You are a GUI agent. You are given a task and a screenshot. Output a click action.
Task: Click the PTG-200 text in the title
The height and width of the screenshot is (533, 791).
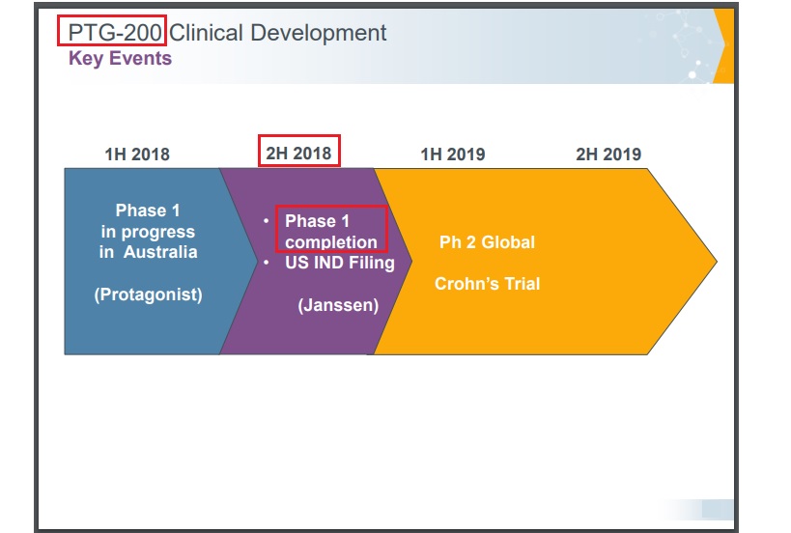115,33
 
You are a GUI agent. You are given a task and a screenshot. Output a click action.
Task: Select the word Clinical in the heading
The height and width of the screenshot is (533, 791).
207,33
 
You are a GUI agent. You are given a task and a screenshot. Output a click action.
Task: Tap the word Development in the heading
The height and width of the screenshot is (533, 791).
319,33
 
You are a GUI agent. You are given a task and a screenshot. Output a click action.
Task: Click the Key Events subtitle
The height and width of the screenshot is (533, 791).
120,59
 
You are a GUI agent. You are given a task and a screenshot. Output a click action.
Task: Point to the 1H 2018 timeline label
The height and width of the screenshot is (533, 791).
137,154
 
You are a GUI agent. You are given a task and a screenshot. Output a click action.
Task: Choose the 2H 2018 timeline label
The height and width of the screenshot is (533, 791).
298,154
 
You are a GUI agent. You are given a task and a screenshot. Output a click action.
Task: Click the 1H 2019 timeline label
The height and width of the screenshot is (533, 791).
453,154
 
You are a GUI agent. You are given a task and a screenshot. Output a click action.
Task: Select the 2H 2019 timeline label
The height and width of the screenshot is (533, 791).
608,154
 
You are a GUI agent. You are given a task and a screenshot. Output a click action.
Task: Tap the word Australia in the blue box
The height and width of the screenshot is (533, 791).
160,252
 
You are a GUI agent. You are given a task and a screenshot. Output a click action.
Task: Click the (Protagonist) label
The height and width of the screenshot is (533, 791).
149,295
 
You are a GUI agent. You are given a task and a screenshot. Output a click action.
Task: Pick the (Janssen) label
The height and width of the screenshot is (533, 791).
338,305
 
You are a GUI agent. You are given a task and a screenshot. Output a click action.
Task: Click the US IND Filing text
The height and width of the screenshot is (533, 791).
340,263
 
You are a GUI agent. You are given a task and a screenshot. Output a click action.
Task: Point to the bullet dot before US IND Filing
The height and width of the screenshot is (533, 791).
267,263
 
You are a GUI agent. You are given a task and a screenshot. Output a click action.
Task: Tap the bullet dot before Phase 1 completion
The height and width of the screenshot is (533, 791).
267,220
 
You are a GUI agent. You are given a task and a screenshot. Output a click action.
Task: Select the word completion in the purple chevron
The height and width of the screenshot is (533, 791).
331,242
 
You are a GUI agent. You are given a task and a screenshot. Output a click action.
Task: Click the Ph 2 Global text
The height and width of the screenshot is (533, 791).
488,242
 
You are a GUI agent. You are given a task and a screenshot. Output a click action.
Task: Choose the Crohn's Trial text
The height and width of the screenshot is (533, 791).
488,284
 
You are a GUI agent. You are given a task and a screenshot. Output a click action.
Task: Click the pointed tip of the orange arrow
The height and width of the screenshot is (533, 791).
717,262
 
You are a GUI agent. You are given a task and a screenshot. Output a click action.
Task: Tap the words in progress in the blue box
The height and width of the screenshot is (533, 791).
148,232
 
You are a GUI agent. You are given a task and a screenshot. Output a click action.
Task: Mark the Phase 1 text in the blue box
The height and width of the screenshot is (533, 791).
148,210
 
